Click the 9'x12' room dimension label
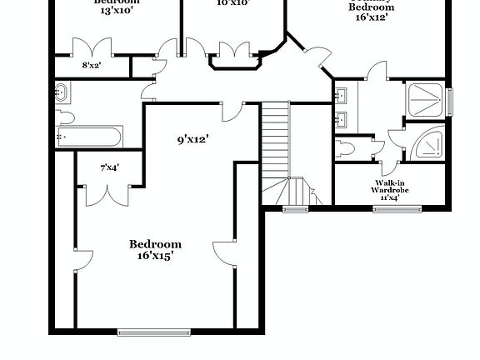(192, 140)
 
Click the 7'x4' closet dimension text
(109, 167)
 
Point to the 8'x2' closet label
(91, 64)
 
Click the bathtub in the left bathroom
(89, 137)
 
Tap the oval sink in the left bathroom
(62, 93)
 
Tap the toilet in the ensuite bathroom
(347, 149)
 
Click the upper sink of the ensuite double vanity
(342, 94)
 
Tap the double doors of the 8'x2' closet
(90, 46)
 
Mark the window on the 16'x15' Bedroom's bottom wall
(147, 332)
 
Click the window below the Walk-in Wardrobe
(396, 208)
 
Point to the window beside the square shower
(450, 101)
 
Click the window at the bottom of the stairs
(295, 208)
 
